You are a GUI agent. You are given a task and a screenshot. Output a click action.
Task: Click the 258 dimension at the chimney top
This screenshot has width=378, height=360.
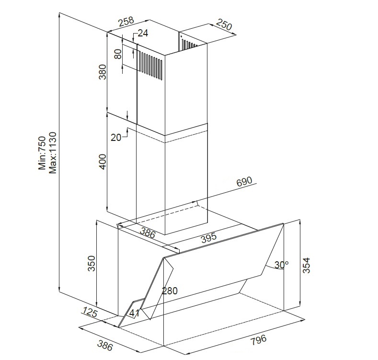pos(126,21)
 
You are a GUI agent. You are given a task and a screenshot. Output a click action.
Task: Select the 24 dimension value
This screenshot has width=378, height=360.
pos(143,33)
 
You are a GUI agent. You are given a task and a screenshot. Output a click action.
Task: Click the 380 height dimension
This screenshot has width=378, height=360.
pos(102,71)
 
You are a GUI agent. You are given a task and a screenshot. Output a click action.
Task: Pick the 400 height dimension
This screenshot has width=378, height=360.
pos(102,162)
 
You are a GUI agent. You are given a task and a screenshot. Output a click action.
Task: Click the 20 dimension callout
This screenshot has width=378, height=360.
pos(116,137)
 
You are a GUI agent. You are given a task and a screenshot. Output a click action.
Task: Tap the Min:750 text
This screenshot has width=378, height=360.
pos(42,153)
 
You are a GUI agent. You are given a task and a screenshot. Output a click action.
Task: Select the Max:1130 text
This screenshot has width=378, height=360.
pos(53,153)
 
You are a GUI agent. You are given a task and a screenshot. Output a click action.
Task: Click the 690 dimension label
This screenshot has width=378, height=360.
pos(244,182)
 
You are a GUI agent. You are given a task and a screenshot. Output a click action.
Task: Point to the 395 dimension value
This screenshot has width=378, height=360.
pos(209,238)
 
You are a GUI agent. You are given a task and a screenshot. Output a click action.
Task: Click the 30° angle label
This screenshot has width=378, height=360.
pos(281,265)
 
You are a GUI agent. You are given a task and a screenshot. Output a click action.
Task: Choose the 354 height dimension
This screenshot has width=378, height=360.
pos(306,266)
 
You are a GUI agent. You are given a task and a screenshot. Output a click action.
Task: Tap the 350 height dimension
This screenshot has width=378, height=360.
pos(92,264)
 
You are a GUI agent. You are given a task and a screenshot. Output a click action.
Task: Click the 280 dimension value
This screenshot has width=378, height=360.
pos(170,291)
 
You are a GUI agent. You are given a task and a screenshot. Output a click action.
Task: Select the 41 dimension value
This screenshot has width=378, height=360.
pos(134,313)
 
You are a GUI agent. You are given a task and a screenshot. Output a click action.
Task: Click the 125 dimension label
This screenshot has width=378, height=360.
pos(89,312)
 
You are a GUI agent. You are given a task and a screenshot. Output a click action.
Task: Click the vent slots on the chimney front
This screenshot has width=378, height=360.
pos(151,65)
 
